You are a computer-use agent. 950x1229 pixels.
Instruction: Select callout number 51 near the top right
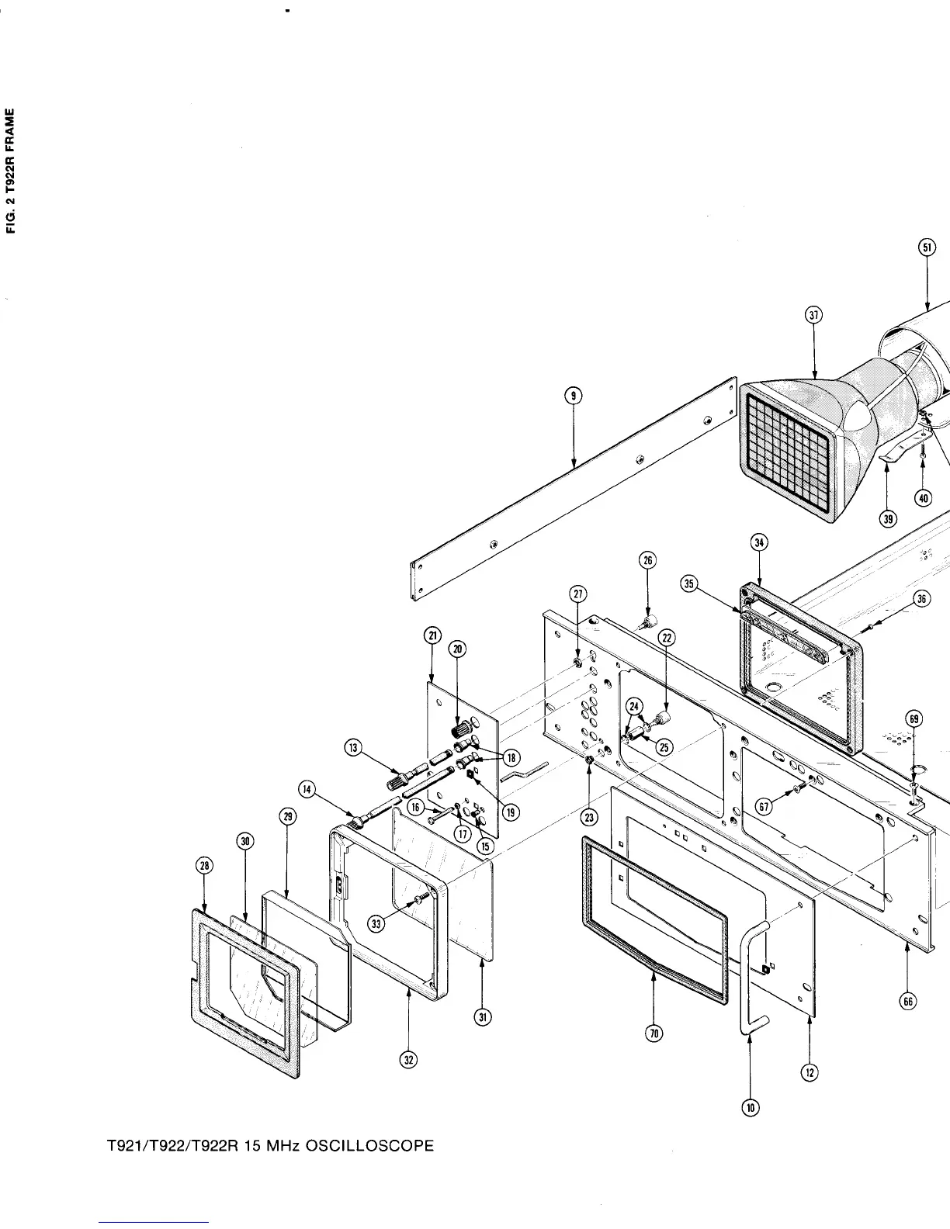point(927,248)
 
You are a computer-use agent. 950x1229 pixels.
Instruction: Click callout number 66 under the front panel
point(907,1001)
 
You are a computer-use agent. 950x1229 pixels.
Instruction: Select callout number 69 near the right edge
point(915,719)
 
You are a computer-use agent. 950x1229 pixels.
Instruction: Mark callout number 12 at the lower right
point(810,1072)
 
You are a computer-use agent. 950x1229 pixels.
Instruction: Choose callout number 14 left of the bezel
point(308,790)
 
